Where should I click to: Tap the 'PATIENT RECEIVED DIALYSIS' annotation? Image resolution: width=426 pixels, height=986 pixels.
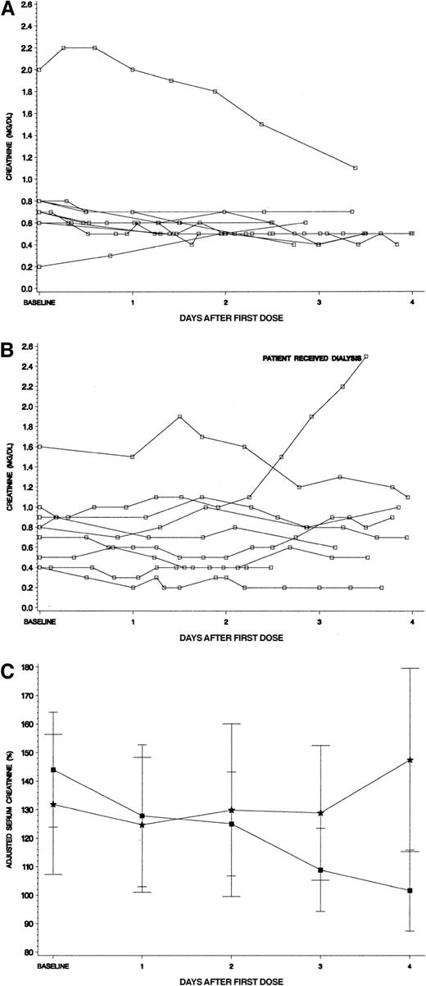tap(311, 335)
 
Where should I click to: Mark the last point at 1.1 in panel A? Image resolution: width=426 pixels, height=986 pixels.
tap(355, 167)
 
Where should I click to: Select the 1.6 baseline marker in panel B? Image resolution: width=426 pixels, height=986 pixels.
tap(39, 447)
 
